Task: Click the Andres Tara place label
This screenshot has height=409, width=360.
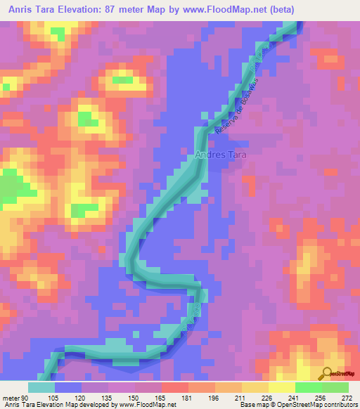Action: point(219,154)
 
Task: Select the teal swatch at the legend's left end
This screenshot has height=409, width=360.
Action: point(41,388)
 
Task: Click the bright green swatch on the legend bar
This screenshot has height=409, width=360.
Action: point(308,388)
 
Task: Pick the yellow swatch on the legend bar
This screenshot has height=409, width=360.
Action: point(281,388)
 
